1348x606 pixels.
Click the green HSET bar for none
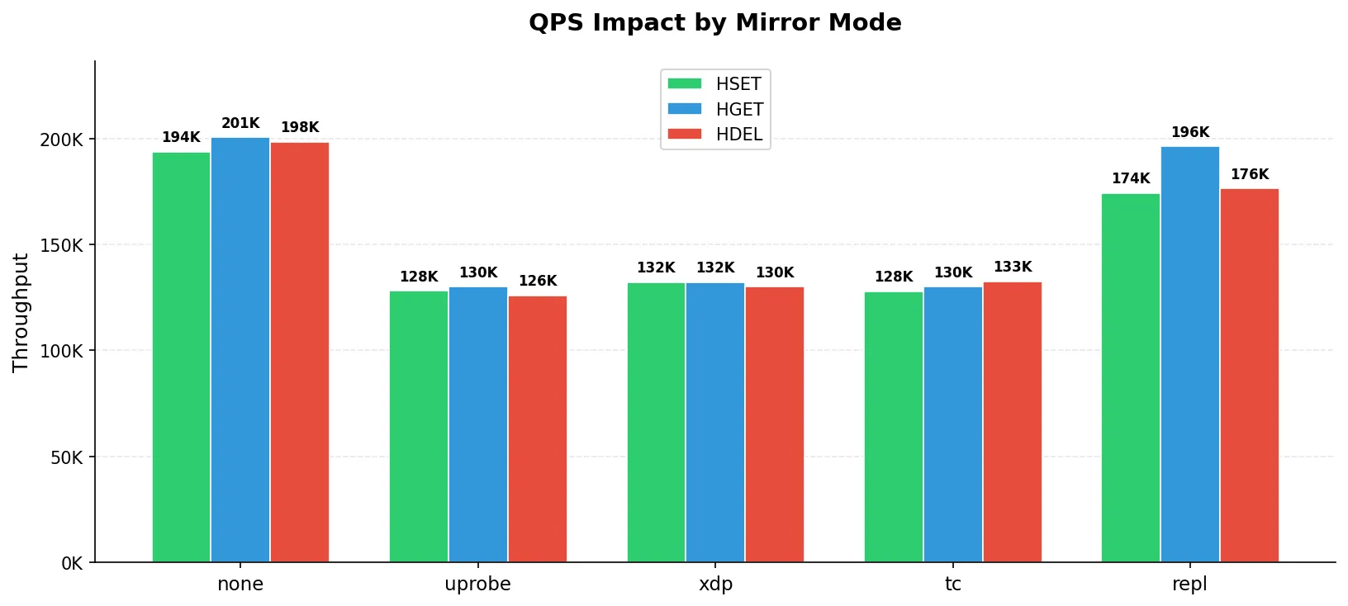coord(181,357)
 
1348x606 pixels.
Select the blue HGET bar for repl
coord(1189,354)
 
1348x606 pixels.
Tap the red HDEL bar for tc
coord(1012,423)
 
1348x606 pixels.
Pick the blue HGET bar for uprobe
coord(477,425)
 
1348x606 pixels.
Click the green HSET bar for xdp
coord(656,423)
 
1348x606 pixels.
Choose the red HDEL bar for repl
coord(1250,376)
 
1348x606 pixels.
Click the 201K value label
coord(240,123)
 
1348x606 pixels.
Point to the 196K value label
coord(1189,132)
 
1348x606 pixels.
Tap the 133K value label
coord(1012,267)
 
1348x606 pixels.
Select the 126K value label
coord(538,281)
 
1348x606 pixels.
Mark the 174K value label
coord(1130,178)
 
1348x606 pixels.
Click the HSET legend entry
coord(715,84)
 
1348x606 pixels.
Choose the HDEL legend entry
coord(715,135)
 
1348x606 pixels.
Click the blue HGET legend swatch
coord(684,109)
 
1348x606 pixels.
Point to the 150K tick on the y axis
coord(61,245)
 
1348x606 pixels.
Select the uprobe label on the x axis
coord(477,585)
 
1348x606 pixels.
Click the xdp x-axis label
coord(715,585)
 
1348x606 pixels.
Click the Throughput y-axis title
coord(21,312)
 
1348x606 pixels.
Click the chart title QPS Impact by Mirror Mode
coord(715,23)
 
